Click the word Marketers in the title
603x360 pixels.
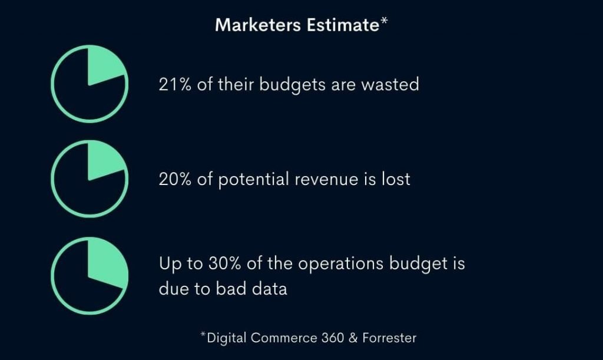[x=258, y=25]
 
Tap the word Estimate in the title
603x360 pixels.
[x=343, y=25]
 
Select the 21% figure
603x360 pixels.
[x=175, y=84]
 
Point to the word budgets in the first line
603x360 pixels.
[x=292, y=85]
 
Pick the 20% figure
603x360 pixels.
[x=175, y=179]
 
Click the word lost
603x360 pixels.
[x=396, y=179]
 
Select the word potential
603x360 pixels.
[x=253, y=180]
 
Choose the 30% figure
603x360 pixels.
[x=224, y=263]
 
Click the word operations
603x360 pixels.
[x=341, y=265]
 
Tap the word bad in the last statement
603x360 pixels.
[x=231, y=289]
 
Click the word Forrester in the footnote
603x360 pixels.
[x=389, y=338]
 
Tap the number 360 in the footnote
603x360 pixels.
[x=333, y=338]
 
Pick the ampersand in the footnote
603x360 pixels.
[x=353, y=338]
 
